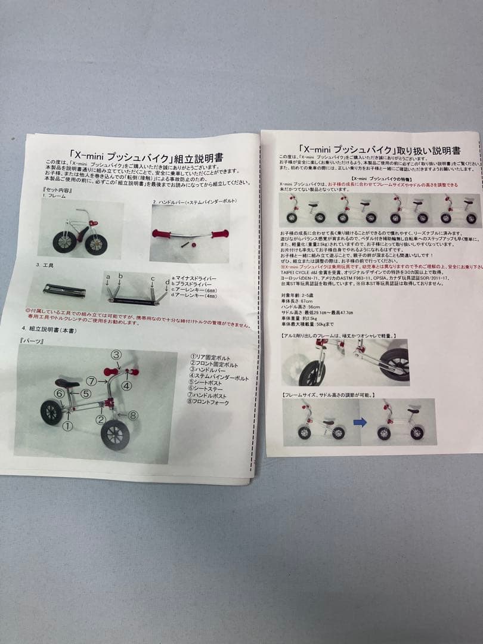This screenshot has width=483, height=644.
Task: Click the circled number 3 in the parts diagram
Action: pos(116,354)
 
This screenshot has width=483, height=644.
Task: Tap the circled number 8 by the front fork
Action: pos(133,415)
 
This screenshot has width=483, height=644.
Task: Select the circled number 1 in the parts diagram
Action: pos(67,426)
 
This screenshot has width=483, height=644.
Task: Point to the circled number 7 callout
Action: pos(91,380)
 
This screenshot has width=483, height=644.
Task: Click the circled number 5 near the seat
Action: pos(86,394)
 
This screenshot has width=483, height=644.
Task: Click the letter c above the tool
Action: pos(152,278)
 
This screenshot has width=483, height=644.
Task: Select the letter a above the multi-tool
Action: pos(108,277)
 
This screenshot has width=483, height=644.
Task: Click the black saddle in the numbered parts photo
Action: pos(67,383)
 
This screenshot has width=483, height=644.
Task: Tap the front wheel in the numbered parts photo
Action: pos(115,435)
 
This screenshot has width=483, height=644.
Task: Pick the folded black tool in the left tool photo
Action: pos(64,291)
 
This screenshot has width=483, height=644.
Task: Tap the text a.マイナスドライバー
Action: pos(194,278)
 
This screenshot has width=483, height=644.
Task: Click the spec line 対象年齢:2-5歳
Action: pos(301,295)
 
